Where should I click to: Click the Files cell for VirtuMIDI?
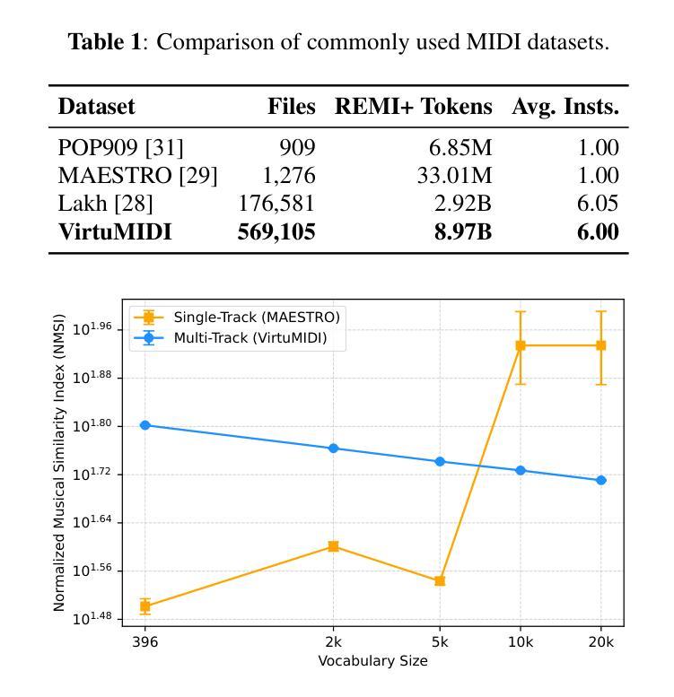click(x=276, y=231)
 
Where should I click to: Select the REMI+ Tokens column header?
click(x=414, y=107)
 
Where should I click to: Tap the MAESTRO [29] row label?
click(x=137, y=176)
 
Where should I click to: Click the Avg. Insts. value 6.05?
click(x=598, y=204)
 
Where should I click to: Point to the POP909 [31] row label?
click(x=120, y=148)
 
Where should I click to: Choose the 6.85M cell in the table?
click(x=458, y=148)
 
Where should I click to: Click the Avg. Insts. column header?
click(x=565, y=107)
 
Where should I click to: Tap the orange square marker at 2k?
click(x=333, y=546)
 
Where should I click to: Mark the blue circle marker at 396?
click(x=145, y=425)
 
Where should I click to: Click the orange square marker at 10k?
click(x=521, y=345)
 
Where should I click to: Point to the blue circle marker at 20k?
click(x=601, y=480)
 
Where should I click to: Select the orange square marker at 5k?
click(x=440, y=581)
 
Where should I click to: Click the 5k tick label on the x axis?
click(x=440, y=641)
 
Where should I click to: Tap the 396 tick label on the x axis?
click(x=145, y=641)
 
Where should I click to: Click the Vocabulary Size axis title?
click(x=372, y=661)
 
